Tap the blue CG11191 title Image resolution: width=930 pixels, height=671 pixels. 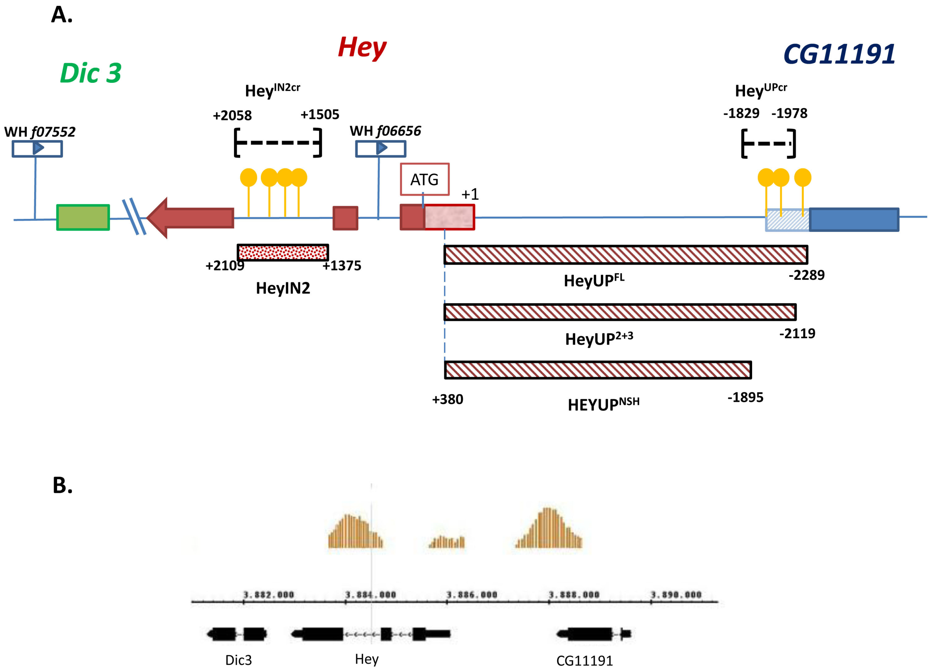[x=839, y=54]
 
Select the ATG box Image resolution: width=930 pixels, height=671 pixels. [x=424, y=179]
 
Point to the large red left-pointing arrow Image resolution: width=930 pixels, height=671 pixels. [x=191, y=218]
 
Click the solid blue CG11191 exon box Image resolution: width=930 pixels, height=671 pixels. [x=854, y=220]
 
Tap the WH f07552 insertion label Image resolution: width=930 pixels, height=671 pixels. [x=40, y=132]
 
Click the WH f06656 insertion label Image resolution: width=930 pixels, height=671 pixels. [x=385, y=131]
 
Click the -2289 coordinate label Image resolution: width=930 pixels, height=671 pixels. [x=806, y=275]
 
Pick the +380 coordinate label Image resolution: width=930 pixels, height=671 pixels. [x=447, y=399]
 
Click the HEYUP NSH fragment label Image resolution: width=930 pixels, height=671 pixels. [x=603, y=404]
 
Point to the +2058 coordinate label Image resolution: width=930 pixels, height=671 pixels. [x=232, y=115]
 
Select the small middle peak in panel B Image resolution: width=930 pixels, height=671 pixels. [x=447, y=543]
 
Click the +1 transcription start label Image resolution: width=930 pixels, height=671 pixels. [x=470, y=194]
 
